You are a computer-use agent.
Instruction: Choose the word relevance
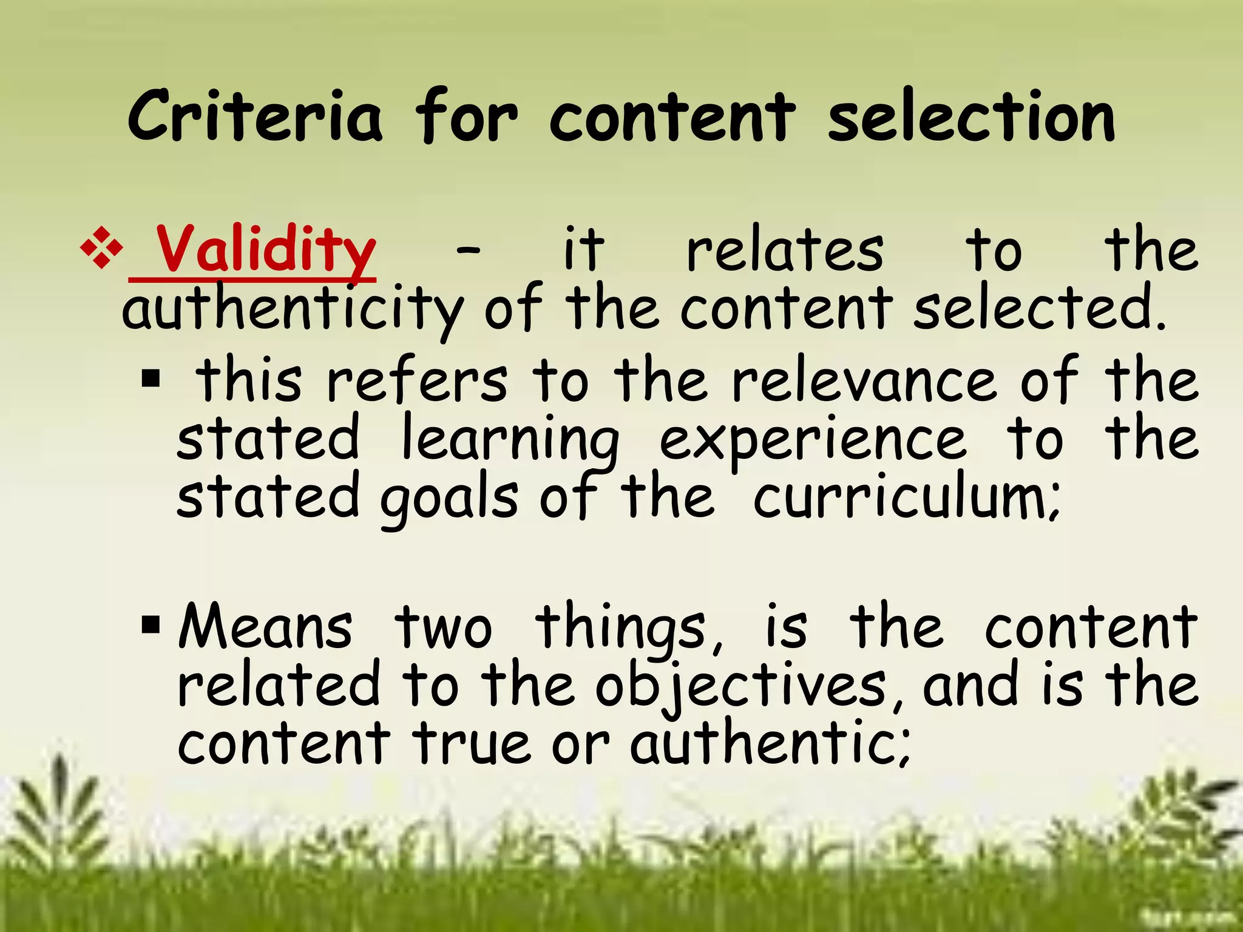click(864, 381)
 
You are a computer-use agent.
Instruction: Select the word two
click(443, 627)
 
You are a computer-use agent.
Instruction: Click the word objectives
click(740, 686)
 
